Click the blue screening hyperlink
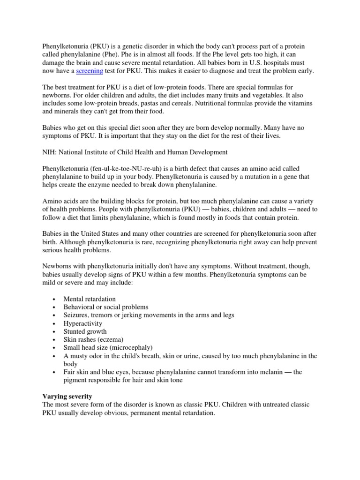point(89,71)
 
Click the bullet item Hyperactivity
point(82,323)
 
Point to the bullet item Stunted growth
point(85,331)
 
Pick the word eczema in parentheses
point(108,339)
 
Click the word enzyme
point(99,185)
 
